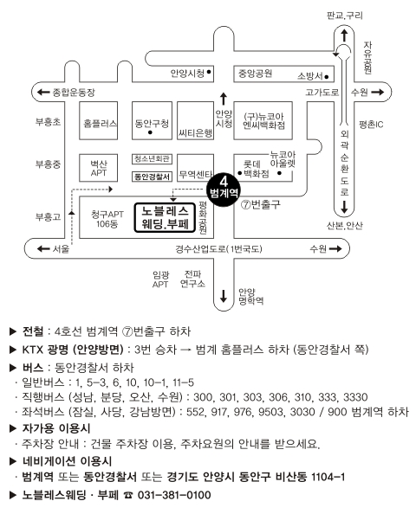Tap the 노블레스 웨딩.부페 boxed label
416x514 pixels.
[166, 217]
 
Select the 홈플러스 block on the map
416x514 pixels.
[98, 120]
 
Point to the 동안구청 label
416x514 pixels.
[152, 123]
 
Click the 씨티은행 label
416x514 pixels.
[196, 132]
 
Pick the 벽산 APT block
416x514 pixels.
[98, 168]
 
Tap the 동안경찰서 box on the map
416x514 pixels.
[152, 177]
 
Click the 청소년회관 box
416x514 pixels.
[152, 159]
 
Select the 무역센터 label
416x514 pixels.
[196, 175]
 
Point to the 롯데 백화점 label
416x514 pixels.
[257, 169]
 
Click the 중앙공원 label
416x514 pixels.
[255, 73]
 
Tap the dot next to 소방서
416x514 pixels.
[327, 77]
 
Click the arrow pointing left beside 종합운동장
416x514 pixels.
[43, 92]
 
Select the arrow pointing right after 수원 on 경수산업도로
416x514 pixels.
[335, 249]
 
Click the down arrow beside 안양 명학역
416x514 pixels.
[224, 295]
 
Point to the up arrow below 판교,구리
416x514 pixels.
[344, 35]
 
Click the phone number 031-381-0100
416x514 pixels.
[174, 495]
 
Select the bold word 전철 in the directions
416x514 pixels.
[33, 331]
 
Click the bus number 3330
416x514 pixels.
[355, 397]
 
